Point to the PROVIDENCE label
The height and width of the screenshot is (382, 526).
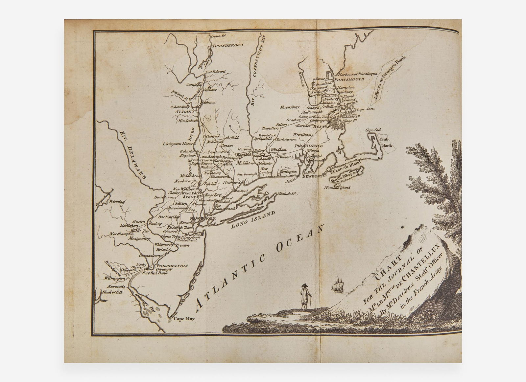[308, 146]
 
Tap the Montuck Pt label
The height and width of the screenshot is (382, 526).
[287, 194]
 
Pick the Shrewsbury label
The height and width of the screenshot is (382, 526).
[290, 107]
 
